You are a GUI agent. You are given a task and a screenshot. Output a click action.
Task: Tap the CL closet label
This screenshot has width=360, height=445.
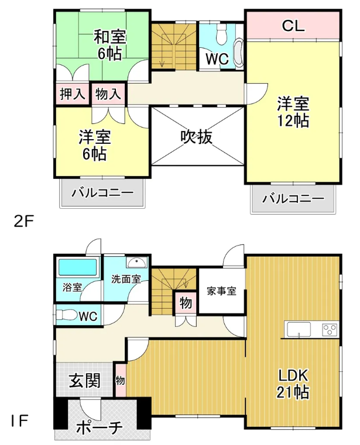[x=293, y=26]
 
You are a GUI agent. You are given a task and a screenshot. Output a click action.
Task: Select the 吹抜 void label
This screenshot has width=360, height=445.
[x=197, y=137]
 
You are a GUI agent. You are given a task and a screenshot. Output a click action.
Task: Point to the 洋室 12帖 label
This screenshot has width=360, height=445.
[x=293, y=112]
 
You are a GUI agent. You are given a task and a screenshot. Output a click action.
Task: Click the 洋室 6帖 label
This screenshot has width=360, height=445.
[x=95, y=145]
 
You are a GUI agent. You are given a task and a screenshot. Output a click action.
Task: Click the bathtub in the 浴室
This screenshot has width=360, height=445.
[x=77, y=268]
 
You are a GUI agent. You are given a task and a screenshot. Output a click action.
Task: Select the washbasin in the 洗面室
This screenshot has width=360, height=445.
[x=136, y=263]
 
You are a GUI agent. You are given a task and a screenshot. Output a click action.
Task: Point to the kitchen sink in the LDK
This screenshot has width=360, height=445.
[x=299, y=329]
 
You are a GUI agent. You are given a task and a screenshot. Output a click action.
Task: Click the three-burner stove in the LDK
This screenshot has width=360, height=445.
[x=330, y=329]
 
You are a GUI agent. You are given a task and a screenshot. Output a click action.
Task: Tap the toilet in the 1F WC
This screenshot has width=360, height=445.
[x=66, y=315]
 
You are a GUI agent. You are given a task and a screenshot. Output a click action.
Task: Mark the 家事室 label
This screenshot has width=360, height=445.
[x=222, y=291]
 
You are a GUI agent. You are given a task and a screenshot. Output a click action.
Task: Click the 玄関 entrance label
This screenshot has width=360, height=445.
[x=85, y=381]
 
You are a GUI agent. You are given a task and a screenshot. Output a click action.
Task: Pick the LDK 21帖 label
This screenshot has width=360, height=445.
[x=293, y=384]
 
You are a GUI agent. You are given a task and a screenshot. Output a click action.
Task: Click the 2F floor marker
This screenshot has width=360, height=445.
[x=23, y=222]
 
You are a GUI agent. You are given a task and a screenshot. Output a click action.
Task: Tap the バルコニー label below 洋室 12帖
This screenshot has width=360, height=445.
[x=293, y=198]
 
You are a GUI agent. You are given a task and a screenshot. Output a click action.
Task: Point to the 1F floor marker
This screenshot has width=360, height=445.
[x=19, y=421]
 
